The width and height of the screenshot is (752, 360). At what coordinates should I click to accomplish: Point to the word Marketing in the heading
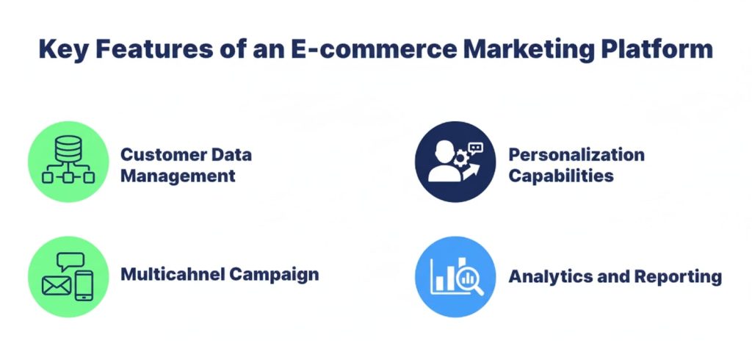(x=518, y=50)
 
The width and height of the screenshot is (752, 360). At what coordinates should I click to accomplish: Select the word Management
(x=178, y=176)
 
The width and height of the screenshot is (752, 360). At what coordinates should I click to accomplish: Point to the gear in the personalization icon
(x=461, y=156)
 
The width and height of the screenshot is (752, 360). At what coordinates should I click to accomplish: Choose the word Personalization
(x=576, y=155)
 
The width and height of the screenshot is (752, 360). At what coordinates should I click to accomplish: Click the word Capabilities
(x=561, y=176)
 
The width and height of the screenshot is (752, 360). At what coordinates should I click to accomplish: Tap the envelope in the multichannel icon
(x=57, y=284)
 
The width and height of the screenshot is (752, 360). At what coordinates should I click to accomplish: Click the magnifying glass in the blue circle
(x=468, y=281)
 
